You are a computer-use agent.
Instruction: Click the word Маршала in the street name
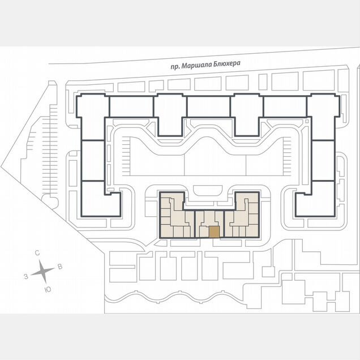[196, 66]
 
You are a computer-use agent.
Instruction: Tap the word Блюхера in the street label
[227, 63]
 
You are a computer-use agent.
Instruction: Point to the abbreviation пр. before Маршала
[175, 67]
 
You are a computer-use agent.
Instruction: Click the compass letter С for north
[37, 253]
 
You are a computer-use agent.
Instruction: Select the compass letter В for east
[60, 267]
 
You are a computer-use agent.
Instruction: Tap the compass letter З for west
[26, 276]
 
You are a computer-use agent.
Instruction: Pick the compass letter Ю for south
[48, 290]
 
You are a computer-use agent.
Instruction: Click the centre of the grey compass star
[43, 271]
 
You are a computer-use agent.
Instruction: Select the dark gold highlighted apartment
[214, 232]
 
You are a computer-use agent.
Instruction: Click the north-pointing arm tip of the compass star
[40, 260]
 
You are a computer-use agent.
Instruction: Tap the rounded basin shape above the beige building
[208, 190]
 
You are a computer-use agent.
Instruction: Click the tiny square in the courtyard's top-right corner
[306, 121]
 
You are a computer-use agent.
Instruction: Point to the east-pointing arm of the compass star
[49, 270]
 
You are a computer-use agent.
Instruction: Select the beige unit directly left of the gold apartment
[204, 232]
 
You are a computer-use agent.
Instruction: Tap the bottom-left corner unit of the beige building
[167, 231]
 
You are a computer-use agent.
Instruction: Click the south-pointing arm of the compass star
[45, 278]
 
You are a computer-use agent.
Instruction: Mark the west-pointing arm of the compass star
[36, 273]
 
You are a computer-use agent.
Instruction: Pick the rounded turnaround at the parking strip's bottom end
[50, 201]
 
